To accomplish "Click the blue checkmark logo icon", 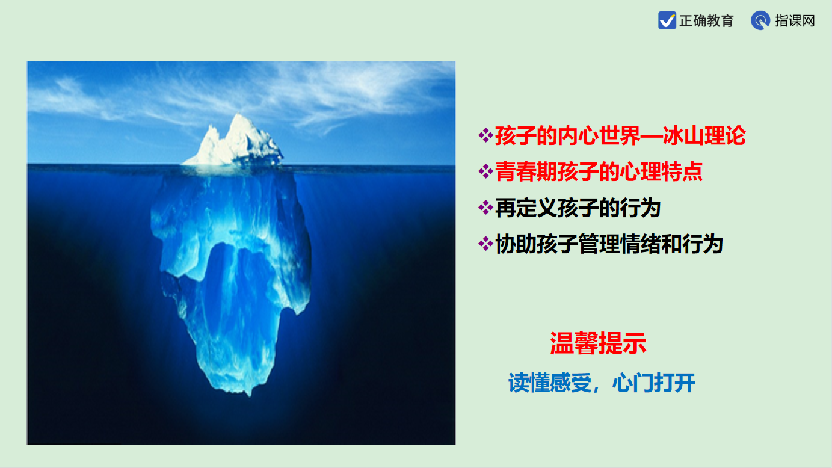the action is tap(667, 20).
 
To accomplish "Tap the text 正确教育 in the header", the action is tap(706, 21).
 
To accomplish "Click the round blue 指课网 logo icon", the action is tap(760, 20).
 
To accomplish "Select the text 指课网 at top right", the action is tap(795, 21).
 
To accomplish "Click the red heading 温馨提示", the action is tap(598, 343).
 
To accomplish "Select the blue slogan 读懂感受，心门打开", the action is tap(602, 383).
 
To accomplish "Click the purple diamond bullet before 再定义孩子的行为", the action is tap(485, 208).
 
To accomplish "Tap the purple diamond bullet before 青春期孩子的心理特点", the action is tap(485, 171).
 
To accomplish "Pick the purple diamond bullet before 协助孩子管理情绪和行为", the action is tap(485, 244).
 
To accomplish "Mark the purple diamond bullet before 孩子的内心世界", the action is tap(485, 135).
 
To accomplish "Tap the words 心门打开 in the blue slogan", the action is tap(654, 383).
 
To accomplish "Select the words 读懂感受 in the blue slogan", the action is tap(550, 383).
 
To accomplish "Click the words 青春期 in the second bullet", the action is tap(526, 171).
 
